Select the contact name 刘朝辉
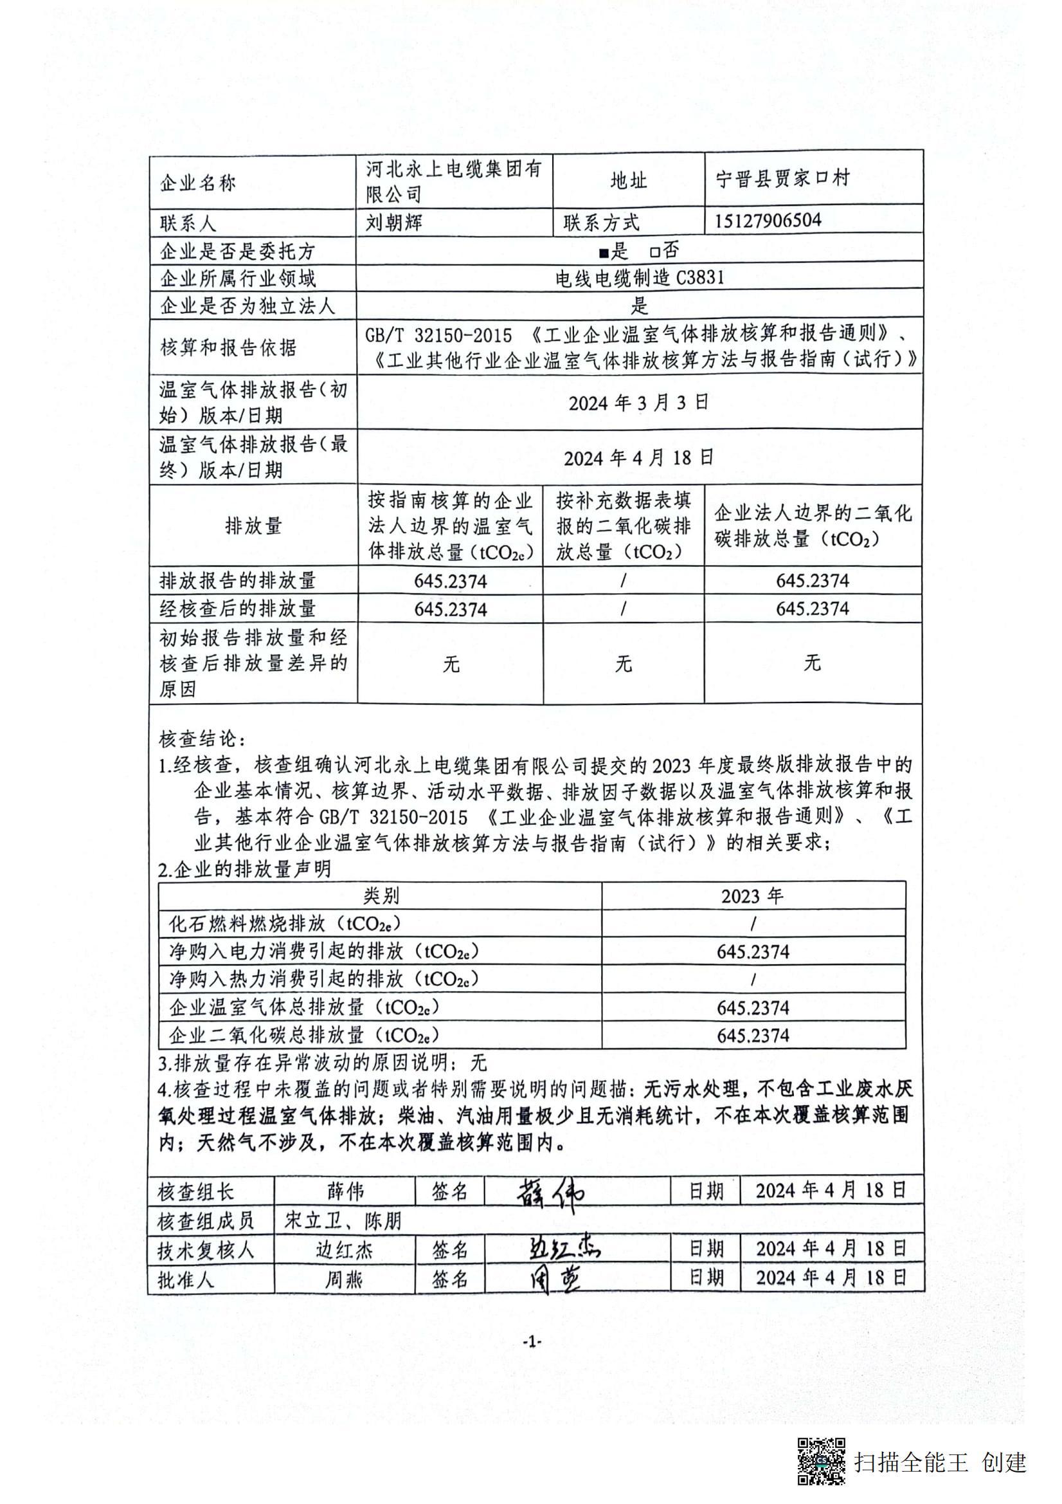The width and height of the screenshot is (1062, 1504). click(x=394, y=223)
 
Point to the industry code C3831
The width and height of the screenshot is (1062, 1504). click(x=700, y=279)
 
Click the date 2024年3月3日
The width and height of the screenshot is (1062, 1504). click(x=638, y=402)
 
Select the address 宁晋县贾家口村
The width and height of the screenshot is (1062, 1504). click(x=783, y=178)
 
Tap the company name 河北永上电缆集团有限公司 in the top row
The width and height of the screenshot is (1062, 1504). click(x=454, y=181)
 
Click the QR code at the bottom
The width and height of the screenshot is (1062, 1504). click(x=820, y=1461)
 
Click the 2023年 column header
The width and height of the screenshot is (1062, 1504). click(x=752, y=896)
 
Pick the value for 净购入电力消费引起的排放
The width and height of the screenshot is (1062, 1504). click(x=753, y=952)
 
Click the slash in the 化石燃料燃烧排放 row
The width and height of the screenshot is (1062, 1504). click(x=753, y=924)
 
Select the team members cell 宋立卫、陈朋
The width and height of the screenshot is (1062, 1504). click(x=343, y=1220)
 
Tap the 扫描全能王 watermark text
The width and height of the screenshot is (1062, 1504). click(x=911, y=1462)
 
